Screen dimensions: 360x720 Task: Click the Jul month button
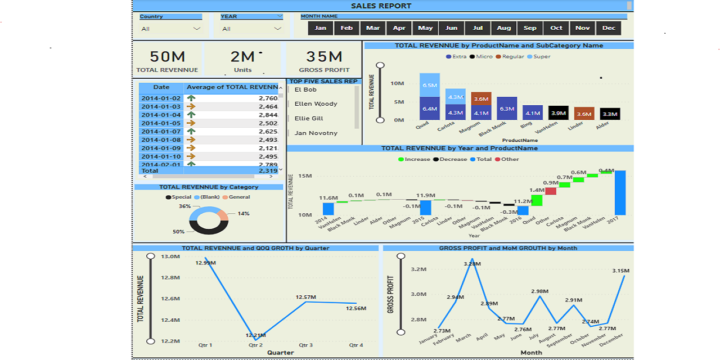click(478, 28)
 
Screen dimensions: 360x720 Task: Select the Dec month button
click(609, 28)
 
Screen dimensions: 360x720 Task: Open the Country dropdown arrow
click(197, 29)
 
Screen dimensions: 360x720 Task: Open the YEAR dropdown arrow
click(278, 29)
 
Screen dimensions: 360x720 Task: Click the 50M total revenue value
click(167, 57)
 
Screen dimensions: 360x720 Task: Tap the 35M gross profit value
click(324, 57)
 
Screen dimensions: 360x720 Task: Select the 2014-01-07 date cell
click(161, 131)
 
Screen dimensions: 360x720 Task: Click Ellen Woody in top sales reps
click(316, 104)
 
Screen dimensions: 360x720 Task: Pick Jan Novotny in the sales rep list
click(316, 133)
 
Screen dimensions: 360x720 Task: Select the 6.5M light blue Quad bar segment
click(430, 85)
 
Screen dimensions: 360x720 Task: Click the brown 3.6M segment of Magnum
click(481, 99)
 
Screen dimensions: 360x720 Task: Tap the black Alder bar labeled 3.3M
click(610, 114)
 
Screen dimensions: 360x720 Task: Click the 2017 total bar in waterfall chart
click(620, 192)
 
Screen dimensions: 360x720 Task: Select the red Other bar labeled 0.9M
click(551, 191)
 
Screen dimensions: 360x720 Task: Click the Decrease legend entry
click(449, 159)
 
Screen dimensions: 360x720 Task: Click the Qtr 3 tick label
click(305, 345)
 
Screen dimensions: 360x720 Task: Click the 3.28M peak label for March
click(472, 264)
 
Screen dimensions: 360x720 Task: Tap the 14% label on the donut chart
click(244, 214)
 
